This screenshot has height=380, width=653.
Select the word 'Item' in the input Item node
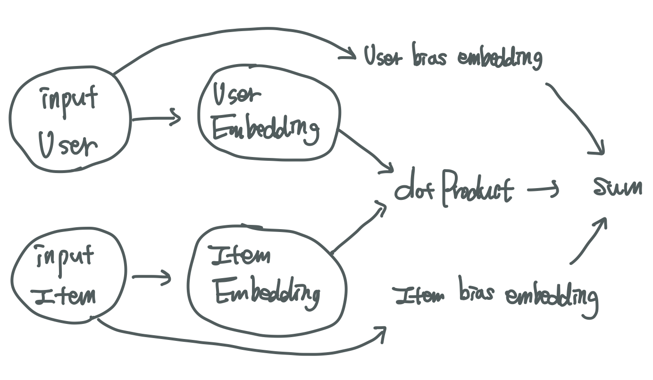tap(66, 296)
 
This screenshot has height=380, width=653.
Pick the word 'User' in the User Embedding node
tap(236, 95)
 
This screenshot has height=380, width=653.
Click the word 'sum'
tap(618, 187)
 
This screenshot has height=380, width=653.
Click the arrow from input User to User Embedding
tap(156, 118)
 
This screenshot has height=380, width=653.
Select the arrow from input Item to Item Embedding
tap(151, 277)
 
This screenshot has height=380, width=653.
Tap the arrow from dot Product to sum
tap(543, 190)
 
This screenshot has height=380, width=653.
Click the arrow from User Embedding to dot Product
tap(366, 151)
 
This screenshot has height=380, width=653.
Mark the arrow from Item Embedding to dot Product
tap(359, 229)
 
